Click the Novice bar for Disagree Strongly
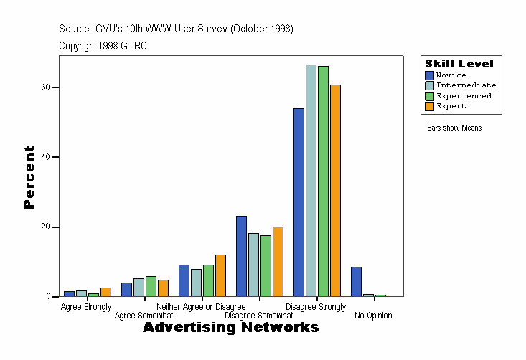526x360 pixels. pos(299,202)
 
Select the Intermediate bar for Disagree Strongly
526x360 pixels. pos(311,180)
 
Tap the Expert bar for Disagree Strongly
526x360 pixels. pos(335,190)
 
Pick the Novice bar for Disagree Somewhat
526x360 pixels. pos(241,256)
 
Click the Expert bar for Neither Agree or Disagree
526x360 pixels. pos(220,275)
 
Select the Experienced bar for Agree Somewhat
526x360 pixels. pos(151,286)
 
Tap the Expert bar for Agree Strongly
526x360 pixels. pos(105,292)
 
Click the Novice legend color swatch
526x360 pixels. pos(429,75)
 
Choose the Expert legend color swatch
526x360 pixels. pos(429,106)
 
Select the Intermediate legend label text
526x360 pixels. pos(466,85)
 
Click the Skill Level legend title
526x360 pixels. pos(459,64)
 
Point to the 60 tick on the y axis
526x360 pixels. pos(55,87)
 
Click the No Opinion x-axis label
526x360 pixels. pos(373,315)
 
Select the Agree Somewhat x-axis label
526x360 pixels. pos(144,315)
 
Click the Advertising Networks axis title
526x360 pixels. pos(230,328)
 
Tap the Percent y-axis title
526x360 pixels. pos(29,177)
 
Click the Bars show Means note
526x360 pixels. pos(454,128)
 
